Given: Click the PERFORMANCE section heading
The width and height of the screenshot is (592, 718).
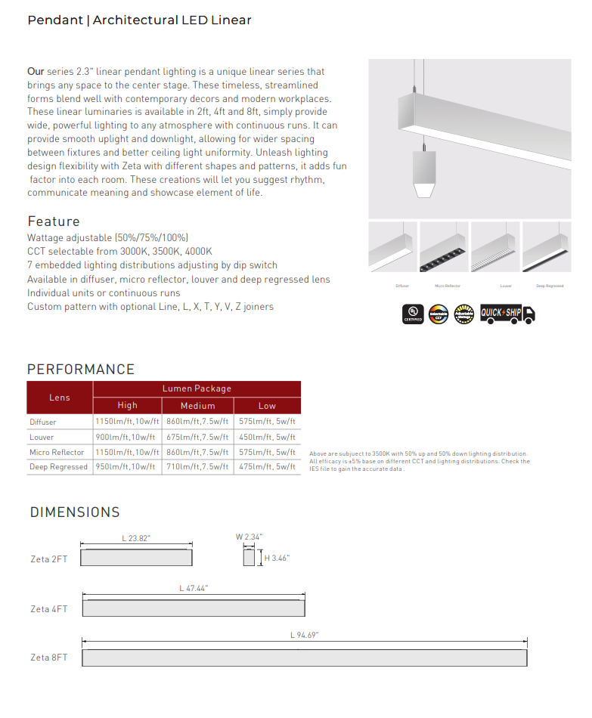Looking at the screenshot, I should [x=81, y=370].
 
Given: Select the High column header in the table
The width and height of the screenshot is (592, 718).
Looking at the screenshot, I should [x=128, y=406].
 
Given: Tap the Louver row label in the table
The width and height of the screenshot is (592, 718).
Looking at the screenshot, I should [x=42, y=438].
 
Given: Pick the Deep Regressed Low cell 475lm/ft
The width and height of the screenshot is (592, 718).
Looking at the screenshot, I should [x=267, y=467].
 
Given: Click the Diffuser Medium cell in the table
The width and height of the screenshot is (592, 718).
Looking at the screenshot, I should [x=197, y=422].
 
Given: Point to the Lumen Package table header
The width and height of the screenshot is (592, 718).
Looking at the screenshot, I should [x=197, y=388].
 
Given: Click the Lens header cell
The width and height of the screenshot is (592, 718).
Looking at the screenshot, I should [x=60, y=398].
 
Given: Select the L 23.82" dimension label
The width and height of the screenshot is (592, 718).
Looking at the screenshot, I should [x=136, y=538].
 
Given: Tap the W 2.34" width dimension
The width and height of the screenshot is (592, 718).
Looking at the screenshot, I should [x=248, y=537].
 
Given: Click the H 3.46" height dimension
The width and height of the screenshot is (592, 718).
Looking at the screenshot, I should [x=277, y=559].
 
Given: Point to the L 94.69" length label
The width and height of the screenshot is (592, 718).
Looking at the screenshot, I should [x=305, y=636].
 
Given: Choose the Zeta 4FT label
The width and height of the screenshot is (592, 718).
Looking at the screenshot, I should [x=49, y=609].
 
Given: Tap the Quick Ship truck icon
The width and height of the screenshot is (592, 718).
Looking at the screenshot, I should [x=507, y=314].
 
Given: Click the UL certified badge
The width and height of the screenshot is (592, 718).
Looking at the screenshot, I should [x=413, y=314].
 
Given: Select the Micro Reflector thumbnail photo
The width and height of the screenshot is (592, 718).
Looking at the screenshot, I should [x=444, y=246].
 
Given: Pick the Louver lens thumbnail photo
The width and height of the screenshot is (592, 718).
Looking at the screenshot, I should [x=495, y=246].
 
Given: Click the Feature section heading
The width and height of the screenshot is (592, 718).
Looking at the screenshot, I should [x=54, y=221].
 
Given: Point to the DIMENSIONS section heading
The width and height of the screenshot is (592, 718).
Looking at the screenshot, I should [x=75, y=512].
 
